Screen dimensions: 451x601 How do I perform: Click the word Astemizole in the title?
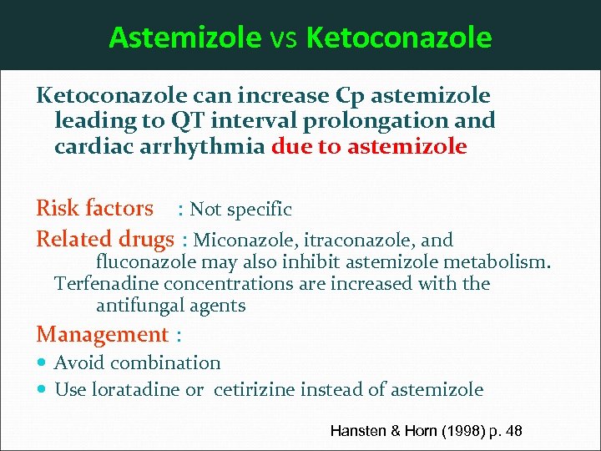[184, 38]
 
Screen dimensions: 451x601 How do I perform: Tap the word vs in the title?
[284, 38]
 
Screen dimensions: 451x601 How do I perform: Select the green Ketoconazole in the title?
[399, 38]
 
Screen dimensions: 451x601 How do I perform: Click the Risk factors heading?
[94, 208]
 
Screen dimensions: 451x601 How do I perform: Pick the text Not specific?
[241, 209]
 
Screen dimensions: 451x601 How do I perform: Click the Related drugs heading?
[104, 239]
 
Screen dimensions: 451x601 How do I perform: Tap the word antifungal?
[140, 306]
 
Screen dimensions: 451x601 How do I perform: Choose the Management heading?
[102, 335]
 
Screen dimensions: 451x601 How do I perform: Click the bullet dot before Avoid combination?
[43, 362]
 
